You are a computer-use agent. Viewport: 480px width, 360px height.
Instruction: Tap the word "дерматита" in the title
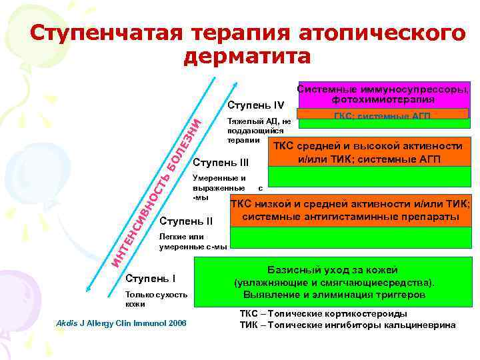coord(246,57)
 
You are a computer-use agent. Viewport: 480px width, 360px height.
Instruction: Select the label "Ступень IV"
coord(256,105)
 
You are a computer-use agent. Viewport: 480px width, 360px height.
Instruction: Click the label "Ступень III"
coord(220,162)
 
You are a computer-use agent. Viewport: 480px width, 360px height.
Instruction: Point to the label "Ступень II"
coord(187,221)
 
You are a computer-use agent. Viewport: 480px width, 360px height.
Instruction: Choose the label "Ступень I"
coord(151,277)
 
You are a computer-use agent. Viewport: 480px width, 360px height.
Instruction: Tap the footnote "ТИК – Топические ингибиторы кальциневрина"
coord(347,325)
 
